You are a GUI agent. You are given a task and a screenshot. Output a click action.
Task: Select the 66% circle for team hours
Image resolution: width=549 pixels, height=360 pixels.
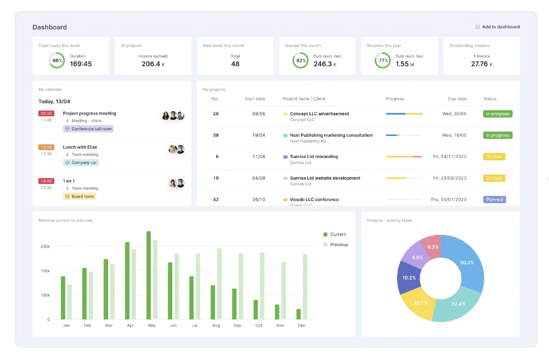click(x=57, y=60)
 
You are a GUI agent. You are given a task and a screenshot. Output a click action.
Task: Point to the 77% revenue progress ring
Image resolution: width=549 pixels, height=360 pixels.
click(x=382, y=60)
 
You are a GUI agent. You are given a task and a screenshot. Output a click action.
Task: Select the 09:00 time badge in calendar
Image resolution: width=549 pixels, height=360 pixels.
click(x=46, y=113)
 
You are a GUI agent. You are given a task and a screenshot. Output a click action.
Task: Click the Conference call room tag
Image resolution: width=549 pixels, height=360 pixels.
click(x=88, y=129)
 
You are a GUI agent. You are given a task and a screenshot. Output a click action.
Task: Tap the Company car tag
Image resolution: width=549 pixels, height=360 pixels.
click(x=81, y=163)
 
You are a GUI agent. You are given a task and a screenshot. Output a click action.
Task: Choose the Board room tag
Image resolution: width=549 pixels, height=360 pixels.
click(x=80, y=196)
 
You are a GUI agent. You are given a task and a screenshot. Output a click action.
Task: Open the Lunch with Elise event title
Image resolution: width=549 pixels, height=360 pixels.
click(x=80, y=147)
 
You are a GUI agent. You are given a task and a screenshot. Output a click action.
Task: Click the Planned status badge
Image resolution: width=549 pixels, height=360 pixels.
click(x=494, y=199)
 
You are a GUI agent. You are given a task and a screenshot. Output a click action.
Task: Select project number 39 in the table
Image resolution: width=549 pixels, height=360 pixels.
click(x=216, y=135)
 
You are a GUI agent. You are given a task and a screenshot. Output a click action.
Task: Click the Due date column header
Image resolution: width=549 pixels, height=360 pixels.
click(x=457, y=99)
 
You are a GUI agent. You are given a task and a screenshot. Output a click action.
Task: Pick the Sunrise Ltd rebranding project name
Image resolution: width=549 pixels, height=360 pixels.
click(x=314, y=156)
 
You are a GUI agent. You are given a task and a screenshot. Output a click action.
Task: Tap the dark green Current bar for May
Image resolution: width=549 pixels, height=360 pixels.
click(x=149, y=275)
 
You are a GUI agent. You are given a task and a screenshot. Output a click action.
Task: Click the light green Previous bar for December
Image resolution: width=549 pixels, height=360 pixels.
click(x=305, y=286)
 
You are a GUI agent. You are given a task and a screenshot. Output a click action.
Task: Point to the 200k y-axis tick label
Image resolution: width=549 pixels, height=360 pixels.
click(x=44, y=247)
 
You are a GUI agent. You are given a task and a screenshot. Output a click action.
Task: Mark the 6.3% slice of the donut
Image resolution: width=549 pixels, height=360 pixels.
click(x=432, y=247)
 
